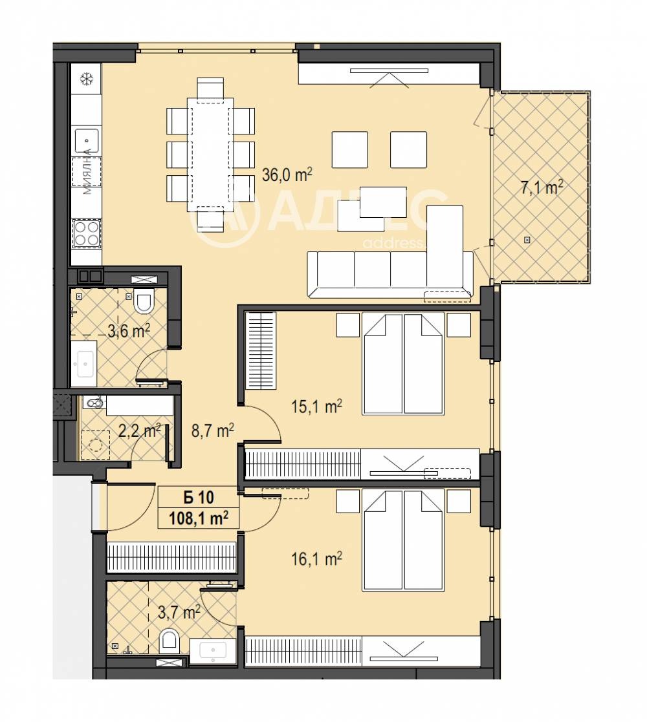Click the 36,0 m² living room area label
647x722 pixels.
287,175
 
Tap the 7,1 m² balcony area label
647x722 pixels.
541,188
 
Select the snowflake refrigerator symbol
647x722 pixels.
85,80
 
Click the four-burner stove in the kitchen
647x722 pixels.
86,233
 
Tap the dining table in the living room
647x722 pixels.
210,154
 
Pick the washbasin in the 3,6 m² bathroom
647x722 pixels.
85,363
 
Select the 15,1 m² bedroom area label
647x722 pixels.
315,407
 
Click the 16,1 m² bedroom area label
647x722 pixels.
315,558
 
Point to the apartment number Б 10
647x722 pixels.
199,498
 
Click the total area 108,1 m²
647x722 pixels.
199,518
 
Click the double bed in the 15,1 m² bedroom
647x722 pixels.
403,363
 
